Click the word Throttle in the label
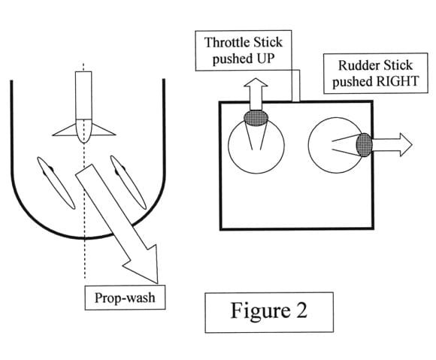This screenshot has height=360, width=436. tap(223, 43)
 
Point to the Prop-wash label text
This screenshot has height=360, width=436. tap(125, 298)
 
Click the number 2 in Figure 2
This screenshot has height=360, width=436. tap(301, 310)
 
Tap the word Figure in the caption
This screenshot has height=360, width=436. tap(260, 311)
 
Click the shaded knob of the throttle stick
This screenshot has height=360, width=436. tap(256, 118)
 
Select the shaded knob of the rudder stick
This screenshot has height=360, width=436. tap(365, 144)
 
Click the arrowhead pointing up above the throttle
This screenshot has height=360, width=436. tap(256, 83)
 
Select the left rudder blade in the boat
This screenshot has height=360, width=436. tap(56, 183)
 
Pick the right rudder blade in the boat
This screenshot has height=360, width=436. tap(129, 182)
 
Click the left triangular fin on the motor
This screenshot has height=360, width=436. tap(65, 130)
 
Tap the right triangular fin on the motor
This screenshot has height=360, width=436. tap(103, 130)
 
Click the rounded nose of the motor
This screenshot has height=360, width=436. tap(83, 131)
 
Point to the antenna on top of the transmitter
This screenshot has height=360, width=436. tap(295, 86)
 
